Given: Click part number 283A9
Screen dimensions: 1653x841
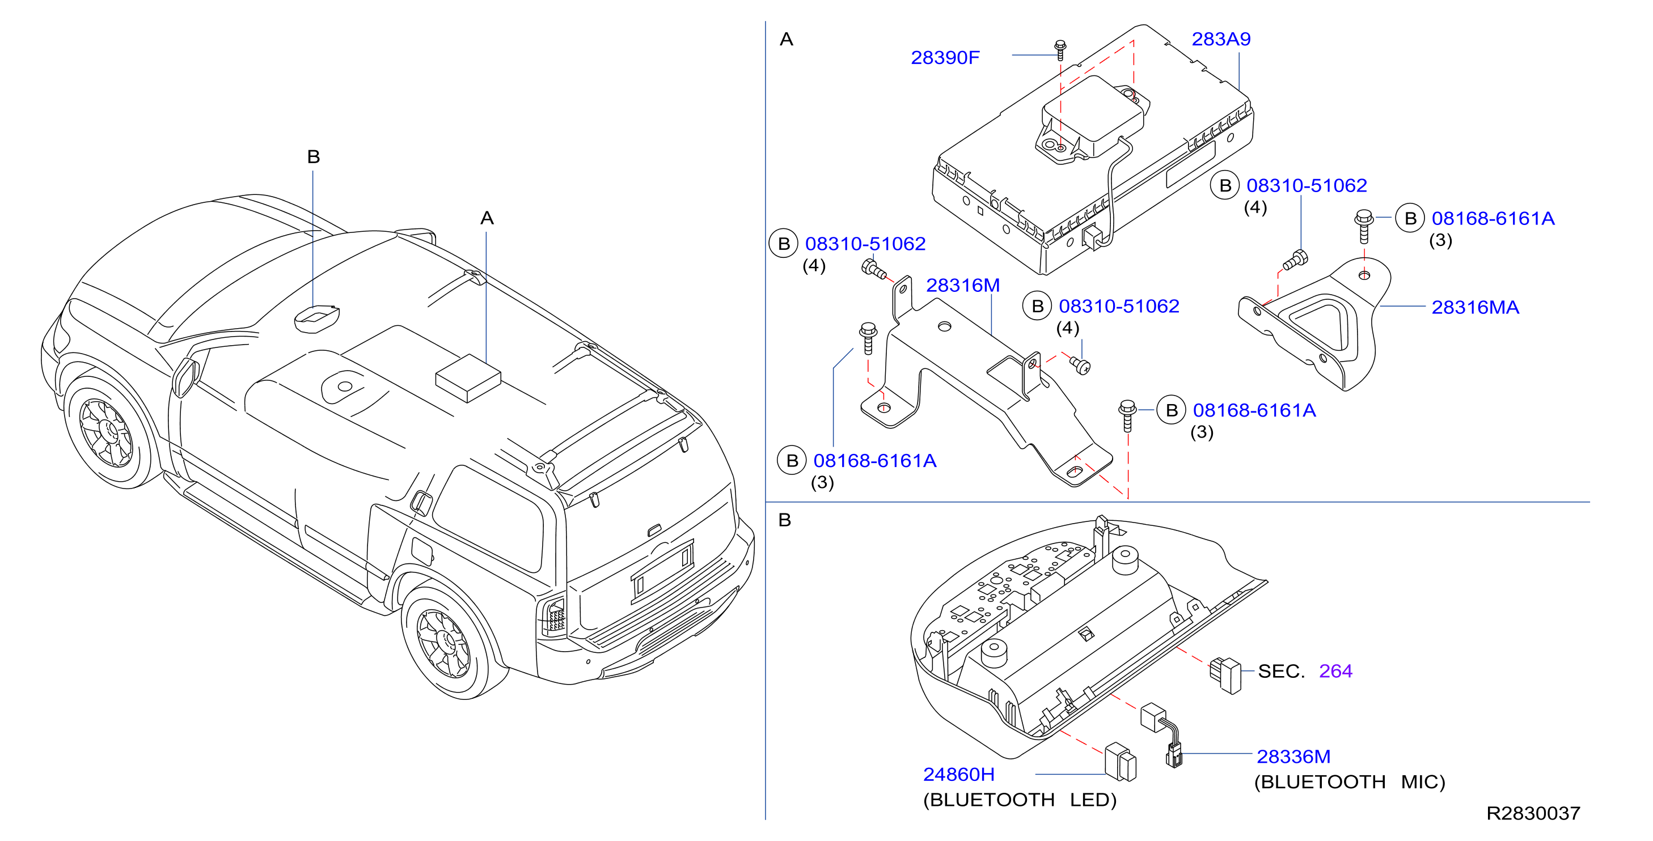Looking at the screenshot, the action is point(1220,39).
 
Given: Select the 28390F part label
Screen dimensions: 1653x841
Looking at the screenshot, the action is point(945,58).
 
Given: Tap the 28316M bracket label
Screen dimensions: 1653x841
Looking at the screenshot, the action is point(962,286).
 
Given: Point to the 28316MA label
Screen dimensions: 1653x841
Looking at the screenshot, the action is point(1476,307).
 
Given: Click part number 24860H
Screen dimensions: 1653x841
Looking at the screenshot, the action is point(959,774).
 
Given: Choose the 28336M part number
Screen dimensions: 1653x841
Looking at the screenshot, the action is point(1293,757).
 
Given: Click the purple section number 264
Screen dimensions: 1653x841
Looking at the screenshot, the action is point(1335,671).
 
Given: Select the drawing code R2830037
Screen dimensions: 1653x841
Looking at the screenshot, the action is point(1533,813).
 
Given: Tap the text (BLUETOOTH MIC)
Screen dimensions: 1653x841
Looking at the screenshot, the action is point(1350,782).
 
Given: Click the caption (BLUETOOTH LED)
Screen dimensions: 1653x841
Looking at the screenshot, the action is point(1020,800).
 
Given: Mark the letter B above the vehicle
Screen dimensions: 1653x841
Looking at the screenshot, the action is point(313,156).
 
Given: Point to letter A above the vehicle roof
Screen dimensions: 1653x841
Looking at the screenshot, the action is point(487,218).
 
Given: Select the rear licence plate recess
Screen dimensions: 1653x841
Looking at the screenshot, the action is point(663,570).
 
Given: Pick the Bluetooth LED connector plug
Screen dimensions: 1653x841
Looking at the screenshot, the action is point(1121,762).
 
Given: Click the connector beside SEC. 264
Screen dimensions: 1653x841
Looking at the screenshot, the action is point(1225,676).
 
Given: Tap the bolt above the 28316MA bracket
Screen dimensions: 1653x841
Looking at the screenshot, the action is point(1364,227).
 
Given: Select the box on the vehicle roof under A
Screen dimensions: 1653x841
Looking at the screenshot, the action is point(468,378).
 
